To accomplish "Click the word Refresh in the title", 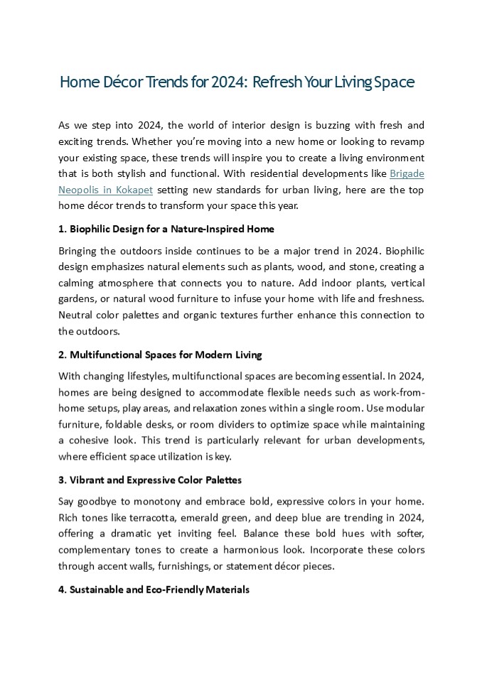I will [277, 82].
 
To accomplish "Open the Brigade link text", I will [407, 173].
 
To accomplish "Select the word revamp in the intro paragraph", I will [407, 141].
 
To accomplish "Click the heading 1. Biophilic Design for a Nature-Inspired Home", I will [166, 229].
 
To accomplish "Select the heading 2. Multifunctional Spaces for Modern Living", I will [160, 354].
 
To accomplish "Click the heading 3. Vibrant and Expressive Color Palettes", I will [149, 480].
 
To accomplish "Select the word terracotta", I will [156, 517].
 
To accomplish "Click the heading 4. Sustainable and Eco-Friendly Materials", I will [154, 590].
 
